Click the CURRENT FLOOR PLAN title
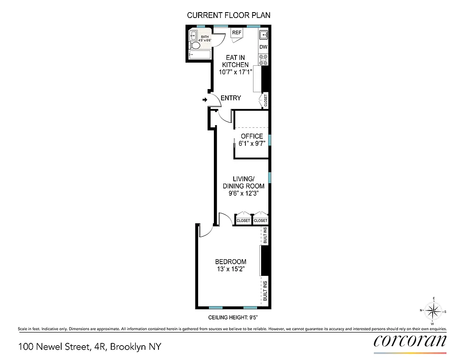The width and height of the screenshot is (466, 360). coord(229,15)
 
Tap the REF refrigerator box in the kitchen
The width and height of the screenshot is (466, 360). coord(236,33)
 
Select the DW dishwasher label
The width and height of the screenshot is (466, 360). coord(263,47)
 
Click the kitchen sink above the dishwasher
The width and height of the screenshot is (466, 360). coord(263,34)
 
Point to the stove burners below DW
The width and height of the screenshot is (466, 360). coord(263,59)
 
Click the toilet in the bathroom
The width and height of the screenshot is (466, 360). coord(195,45)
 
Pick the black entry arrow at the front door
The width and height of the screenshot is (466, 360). coord(205,99)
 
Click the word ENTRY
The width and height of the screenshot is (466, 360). coord(231,98)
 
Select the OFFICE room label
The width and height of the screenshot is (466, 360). coord(252,136)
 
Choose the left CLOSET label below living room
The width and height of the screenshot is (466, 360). coord(243,220)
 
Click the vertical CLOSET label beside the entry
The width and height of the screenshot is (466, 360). coord(265,100)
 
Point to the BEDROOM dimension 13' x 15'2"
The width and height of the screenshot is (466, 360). coord(231,270)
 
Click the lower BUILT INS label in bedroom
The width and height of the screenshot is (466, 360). coord(265,291)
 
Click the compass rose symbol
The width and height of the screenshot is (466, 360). coord(433,311)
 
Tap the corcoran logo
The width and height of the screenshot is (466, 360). coord(410,341)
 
